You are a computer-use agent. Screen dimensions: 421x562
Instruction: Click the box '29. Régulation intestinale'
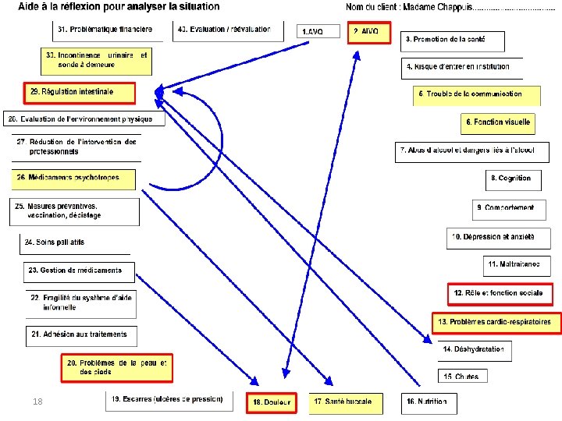79,93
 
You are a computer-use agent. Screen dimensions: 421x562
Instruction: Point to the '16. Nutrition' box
428,402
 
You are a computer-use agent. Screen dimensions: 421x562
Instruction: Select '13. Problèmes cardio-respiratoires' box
496,322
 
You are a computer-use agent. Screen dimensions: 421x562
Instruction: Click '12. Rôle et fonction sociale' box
500,294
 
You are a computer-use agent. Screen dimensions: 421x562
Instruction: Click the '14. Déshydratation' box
474,350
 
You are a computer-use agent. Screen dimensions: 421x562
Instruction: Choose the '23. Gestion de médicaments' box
79,271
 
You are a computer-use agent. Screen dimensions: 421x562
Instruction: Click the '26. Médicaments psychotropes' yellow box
73,179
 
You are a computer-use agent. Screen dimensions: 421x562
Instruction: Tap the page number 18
37,401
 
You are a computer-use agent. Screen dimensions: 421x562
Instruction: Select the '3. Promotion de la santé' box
454,39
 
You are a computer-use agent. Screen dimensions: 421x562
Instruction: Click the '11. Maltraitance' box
516,265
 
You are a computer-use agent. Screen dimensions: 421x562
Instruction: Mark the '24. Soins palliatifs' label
55,242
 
